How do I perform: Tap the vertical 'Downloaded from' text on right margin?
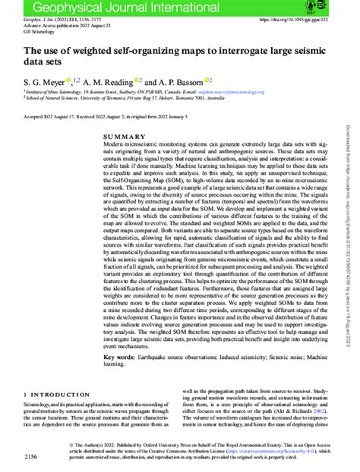click(x=352, y=228)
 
